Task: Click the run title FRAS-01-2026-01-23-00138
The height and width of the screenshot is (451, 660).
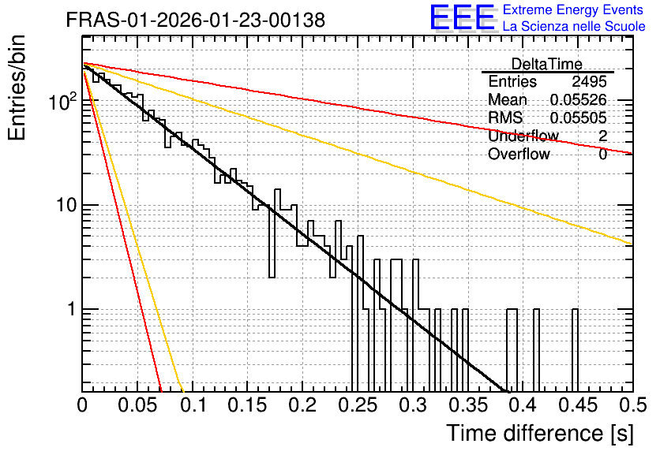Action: (196, 20)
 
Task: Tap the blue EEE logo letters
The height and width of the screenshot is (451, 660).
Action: (463, 17)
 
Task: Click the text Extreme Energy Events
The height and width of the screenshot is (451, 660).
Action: (573, 9)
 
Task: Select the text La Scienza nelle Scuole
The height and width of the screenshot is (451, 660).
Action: (574, 26)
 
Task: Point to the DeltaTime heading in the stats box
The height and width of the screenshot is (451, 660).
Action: (547, 64)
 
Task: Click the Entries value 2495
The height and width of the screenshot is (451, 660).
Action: (589, 81)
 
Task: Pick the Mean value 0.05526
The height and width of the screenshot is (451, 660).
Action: (578, 99)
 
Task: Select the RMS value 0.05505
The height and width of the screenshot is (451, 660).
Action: (578, 117)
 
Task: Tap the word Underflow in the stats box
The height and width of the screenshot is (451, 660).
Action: (523, 136)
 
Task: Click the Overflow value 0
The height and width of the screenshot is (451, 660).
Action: (602, 155)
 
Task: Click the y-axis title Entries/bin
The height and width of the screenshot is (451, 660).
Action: (17, 88)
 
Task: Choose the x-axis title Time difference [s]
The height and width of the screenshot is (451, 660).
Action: (540, 434)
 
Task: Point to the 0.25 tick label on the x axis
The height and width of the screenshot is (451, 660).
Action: (358, 404)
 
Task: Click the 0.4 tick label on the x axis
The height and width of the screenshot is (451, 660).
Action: (523, 404)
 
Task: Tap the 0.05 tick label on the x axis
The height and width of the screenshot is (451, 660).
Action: (137, 404)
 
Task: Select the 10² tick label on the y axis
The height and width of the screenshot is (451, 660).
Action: (63, 101)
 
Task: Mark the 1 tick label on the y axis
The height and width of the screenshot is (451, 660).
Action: (72, 309)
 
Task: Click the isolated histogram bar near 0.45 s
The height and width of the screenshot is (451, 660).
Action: (575, 351)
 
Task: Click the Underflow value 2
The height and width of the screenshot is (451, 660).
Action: (602, 136)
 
